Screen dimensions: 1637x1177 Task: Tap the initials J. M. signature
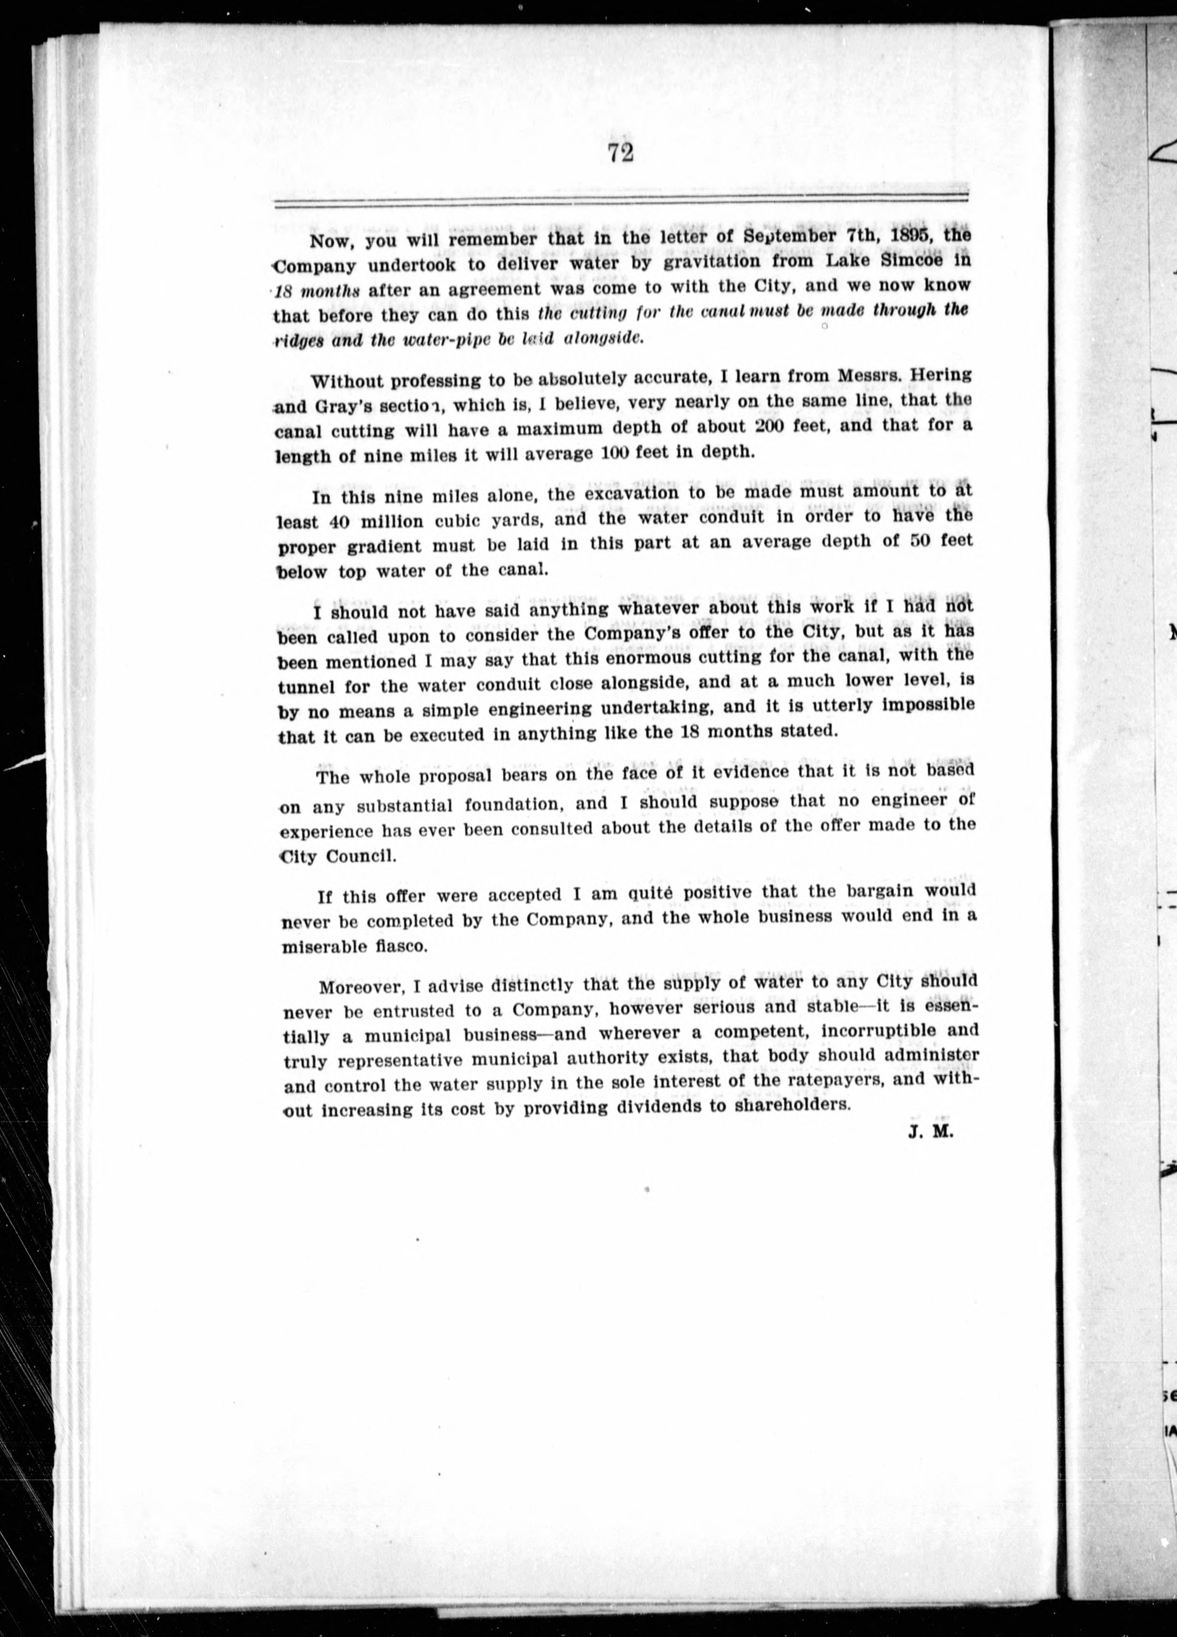931,1133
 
